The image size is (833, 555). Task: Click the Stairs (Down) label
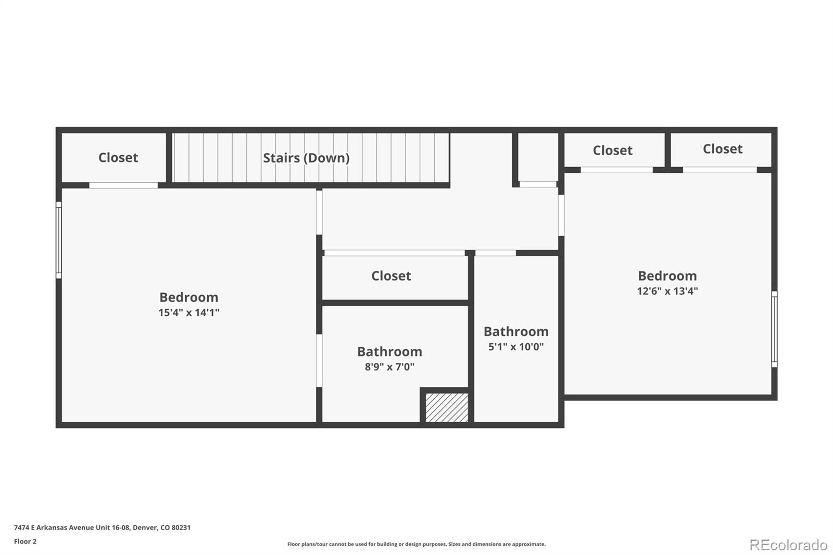pyautogui.click(x=306, y=158)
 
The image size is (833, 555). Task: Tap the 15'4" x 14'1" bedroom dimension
pyautogui.click(x=189, y=312)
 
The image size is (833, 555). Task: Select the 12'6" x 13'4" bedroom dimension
pyautogui.click(x=667, y=291)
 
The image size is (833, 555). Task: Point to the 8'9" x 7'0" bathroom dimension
pyautogui.click(x=389, y=367)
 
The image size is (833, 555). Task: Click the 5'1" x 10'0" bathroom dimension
pyautogui.click(x=516, y=347)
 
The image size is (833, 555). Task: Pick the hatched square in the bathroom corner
pyautogui.click(x=447, y=407)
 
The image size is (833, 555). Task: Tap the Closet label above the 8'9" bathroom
pyautogui.click(x=391, y=276)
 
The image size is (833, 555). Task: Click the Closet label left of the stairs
pyautogui.click(x=118, y=158)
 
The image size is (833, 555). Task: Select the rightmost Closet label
pyautogui.click(x=723, y=149)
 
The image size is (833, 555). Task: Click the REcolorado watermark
pyautogui.click(x=788, y=545)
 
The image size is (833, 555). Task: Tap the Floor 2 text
pyautogui.click(x=25, y=541)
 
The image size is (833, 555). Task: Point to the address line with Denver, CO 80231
pyautogui.click(x=102, y=527)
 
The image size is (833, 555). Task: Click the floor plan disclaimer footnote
pyautogui.click(x=416, y=544)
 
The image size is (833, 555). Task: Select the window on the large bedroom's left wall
pyautogui.click(x=59, y=240)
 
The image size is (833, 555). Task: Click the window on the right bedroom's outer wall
pyautogui.click(x=774, y=329)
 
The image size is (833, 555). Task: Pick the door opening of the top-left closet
pyautogui.click(x=123, y=185)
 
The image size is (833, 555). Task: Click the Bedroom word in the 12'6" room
pyautogui.click(x=667, y=276)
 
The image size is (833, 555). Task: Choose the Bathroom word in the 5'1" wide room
pyautogui.click(x=516, y=332)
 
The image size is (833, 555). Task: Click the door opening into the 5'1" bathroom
pyautogui.click(x=495, y=253)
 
